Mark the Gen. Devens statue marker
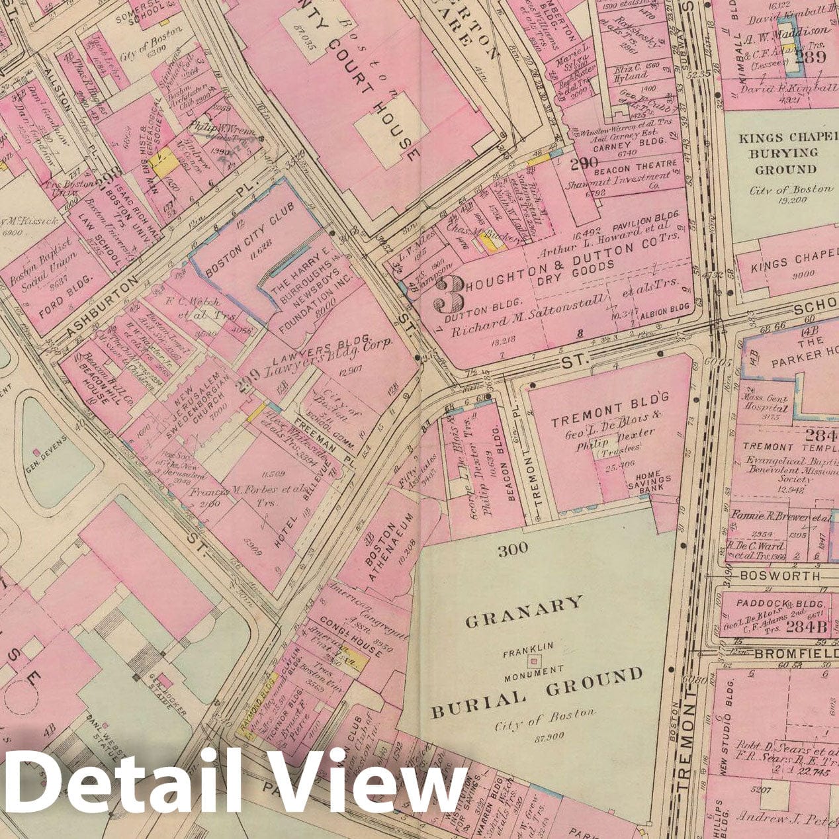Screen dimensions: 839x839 [38, 451]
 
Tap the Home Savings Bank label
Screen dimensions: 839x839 [653, 484]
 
